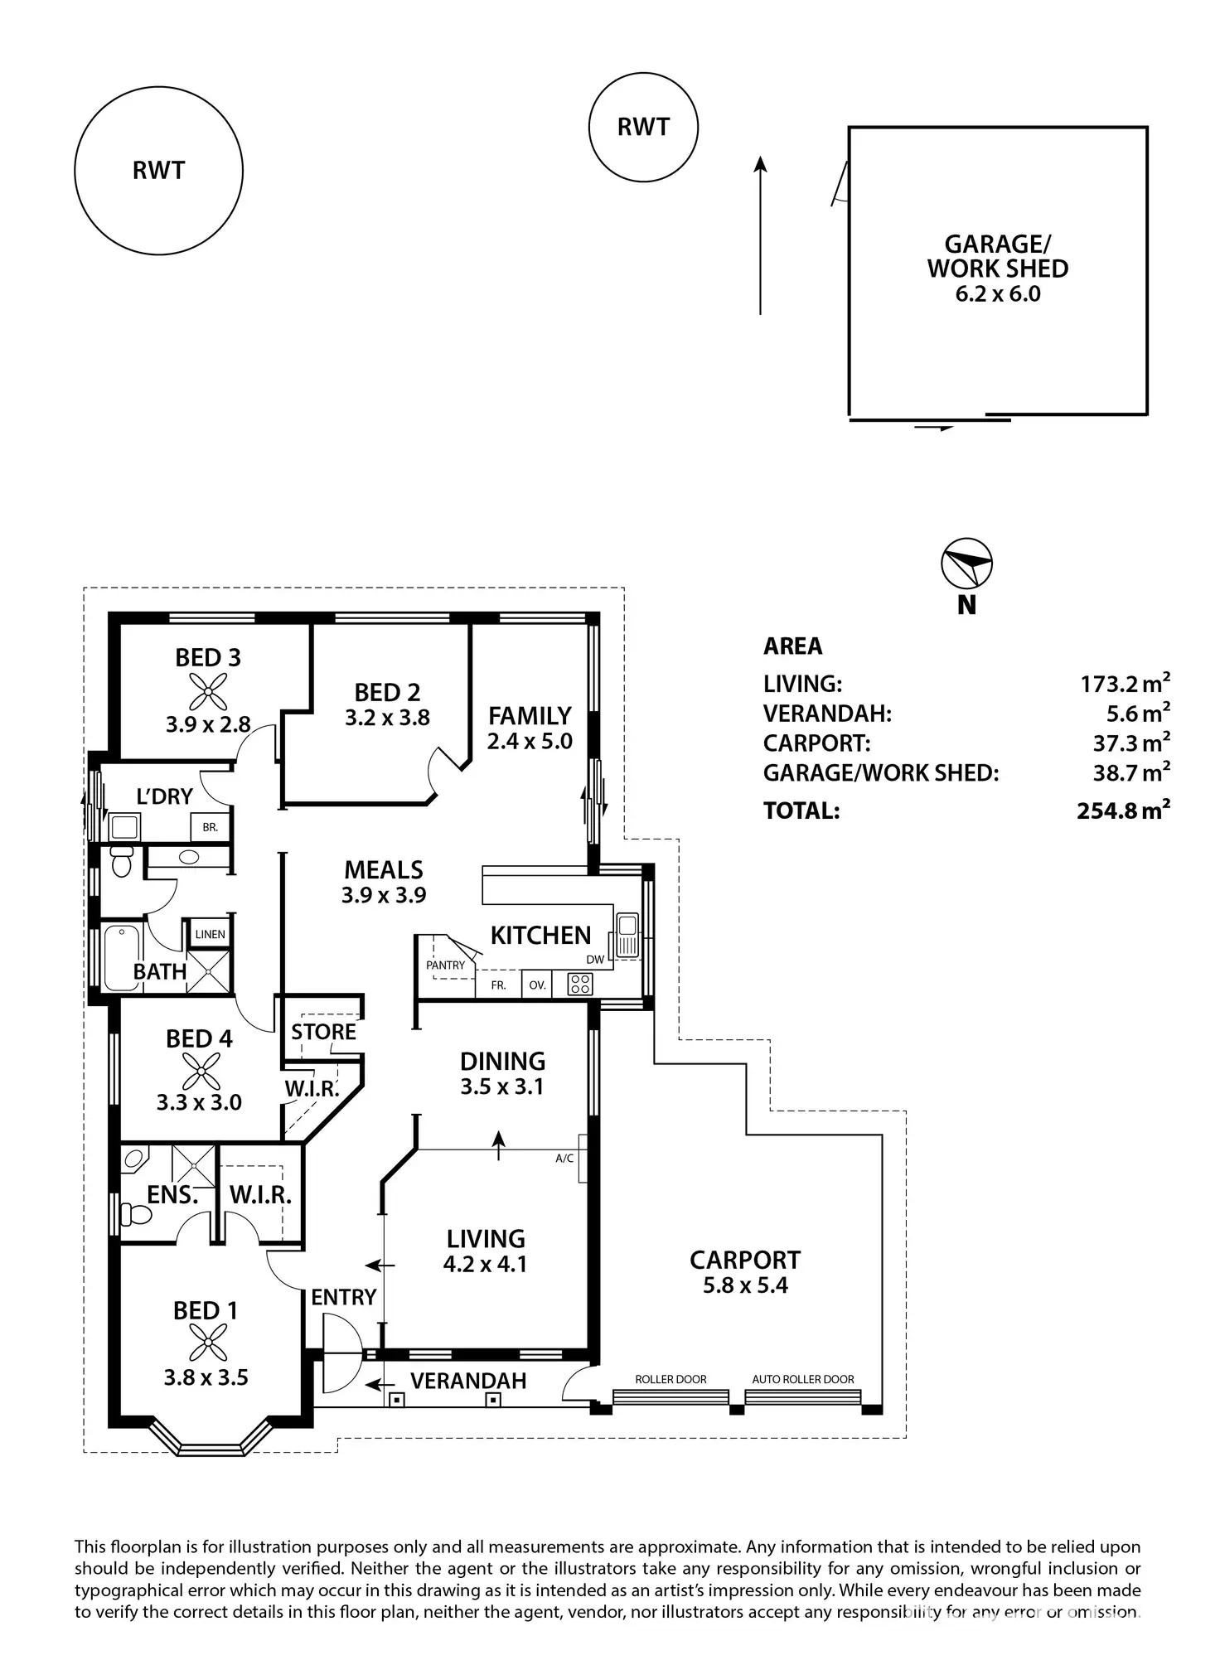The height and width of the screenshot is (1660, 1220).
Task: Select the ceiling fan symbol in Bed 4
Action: [200, 1070]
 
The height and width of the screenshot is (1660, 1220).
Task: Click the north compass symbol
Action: [966, 565]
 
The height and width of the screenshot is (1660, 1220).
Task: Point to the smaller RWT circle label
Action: [643, 127]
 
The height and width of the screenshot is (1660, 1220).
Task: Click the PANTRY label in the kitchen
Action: [445, 965]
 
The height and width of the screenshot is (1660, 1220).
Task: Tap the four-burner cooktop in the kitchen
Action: [579, 985]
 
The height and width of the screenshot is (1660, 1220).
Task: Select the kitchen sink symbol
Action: [627, 934]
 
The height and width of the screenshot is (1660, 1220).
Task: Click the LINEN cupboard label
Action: [210, 934]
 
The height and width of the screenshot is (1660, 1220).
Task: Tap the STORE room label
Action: [323, 1032]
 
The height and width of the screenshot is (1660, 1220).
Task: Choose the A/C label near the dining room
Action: [564, 1159]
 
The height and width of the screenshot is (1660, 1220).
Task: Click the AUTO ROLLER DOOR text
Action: [802, 1380]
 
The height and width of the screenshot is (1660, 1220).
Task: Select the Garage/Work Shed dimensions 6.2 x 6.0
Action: [998, 294]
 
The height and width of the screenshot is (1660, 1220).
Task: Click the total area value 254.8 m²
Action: [1123, 811]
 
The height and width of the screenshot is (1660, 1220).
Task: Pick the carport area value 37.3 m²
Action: [1130, 743]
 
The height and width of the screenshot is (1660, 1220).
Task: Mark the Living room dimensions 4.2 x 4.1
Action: [485, 1264]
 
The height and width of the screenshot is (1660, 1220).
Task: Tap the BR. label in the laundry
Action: [210, 827]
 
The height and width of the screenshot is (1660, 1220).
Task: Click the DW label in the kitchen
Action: [595, 960]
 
